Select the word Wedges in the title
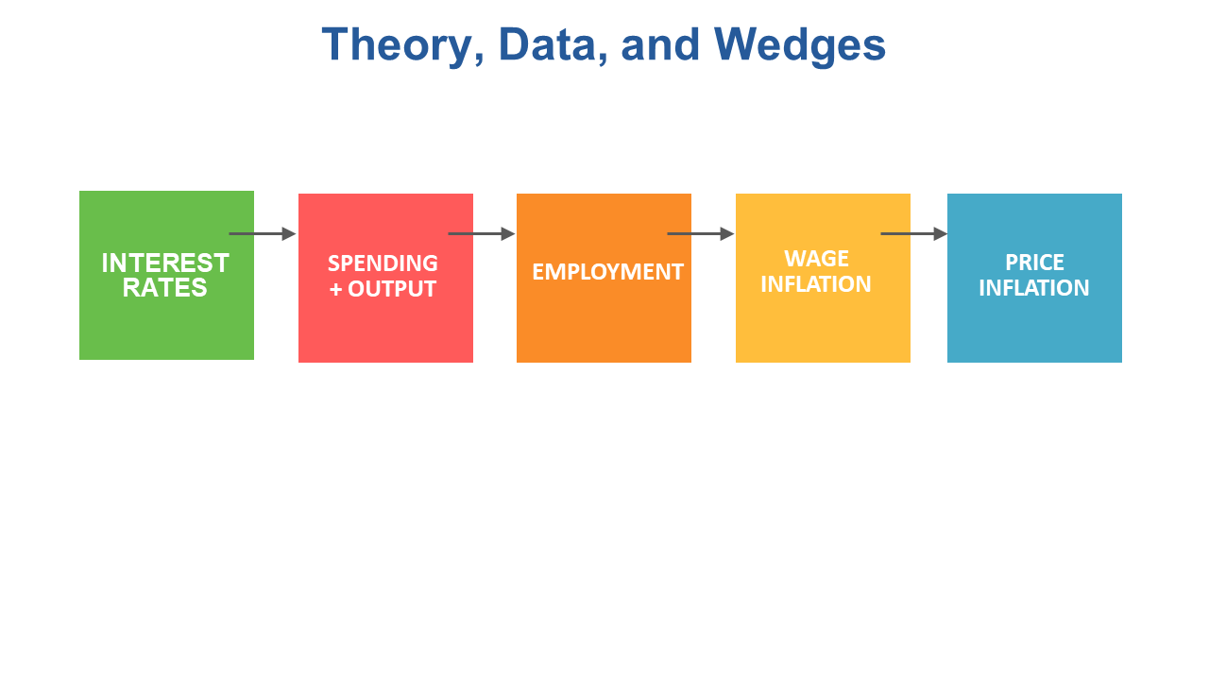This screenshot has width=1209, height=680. coord(800,46)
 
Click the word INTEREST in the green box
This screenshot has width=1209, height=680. coord(165,263)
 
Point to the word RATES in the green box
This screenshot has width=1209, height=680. coord(164,288)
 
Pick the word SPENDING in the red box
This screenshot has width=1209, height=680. coord(383,263)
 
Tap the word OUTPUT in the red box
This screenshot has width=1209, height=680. coord(392,289)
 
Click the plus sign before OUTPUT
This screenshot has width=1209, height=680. coord(335,290)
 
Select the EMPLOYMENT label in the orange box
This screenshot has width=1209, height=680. coord(607,272)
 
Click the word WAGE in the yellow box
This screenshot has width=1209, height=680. coord(816,259)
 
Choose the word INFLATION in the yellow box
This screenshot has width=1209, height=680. coord(815,284)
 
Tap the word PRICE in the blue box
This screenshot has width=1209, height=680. coord(1034,263)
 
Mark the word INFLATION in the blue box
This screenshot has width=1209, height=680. coord(1033,288)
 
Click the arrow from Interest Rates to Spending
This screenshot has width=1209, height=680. coord(263,233)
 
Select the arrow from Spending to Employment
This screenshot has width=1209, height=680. coord(482,233)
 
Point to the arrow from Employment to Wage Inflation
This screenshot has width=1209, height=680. coord(701,233)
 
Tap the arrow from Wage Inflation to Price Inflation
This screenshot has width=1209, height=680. coord(914,233)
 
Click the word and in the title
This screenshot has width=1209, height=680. coord(660,45)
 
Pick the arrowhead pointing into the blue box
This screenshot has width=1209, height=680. coord(941,233)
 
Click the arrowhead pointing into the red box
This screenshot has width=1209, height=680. coord(289,233)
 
